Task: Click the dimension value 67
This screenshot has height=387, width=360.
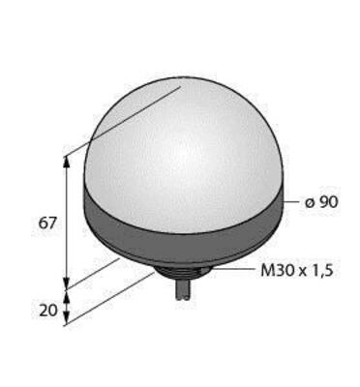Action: click(x=47, y=223)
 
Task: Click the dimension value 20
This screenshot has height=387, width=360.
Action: click(x=48, y=311)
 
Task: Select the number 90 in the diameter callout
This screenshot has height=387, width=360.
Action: click(x=328, y=202)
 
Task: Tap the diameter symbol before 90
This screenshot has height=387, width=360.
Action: click(x=310, y=203)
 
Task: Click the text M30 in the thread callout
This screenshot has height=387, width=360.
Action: click(x=277, y=270)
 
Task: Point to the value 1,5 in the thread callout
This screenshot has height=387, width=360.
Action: click(x=321, y=271)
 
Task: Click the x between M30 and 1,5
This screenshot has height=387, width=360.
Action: click(x=302, y=272)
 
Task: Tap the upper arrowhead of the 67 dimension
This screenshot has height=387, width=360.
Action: click(x=67, y=163)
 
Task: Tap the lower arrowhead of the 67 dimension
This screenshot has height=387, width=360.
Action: click(x=67, y=283)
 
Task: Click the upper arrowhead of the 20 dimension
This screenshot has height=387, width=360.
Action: click(x=67, y=296)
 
